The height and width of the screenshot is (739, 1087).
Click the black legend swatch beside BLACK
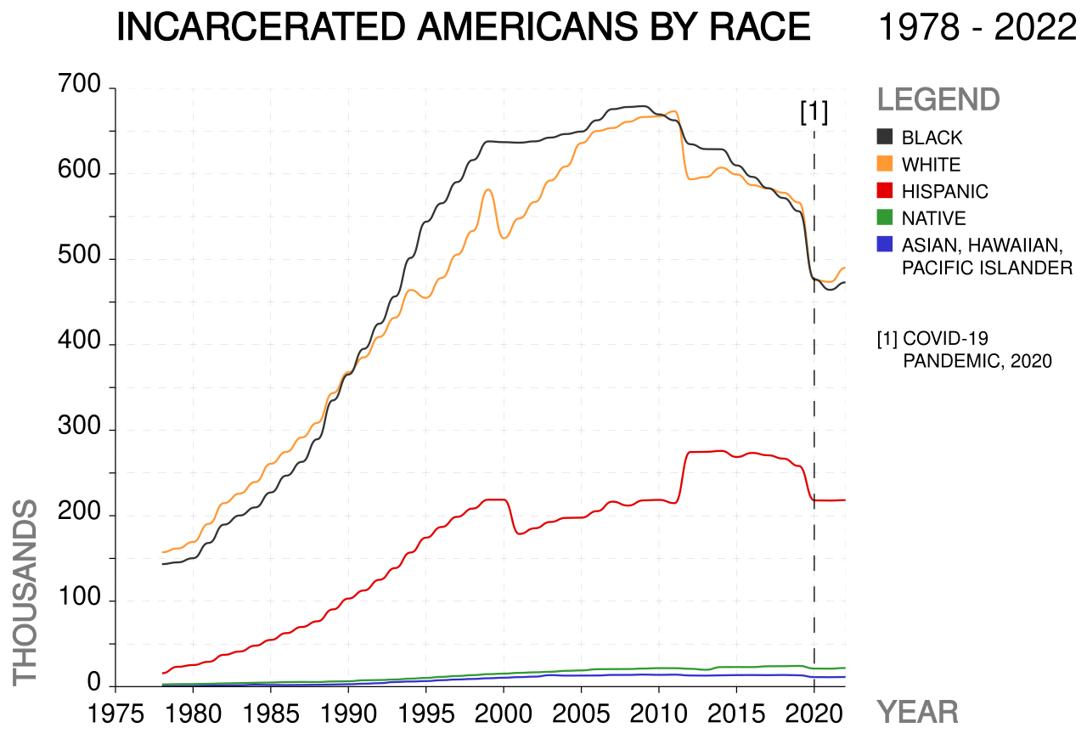pos(885,137)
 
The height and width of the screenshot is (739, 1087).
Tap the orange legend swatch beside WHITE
pos(885,164)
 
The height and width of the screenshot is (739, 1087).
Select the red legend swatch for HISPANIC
pos(885,190)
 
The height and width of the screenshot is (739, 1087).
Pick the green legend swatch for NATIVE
pos(885,217)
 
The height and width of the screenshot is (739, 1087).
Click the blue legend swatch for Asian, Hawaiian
pos(885,244)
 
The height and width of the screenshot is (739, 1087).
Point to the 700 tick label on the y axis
pos(79,84)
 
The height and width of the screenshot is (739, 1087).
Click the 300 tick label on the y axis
pos(79,426)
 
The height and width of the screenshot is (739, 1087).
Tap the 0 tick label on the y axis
pos(93,682)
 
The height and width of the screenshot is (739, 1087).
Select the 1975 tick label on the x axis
pos(115,714)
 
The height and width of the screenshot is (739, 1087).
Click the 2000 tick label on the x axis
pos(504,714)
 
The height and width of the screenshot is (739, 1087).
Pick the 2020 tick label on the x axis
pos(814,714)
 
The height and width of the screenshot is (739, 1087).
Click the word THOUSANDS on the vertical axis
pos(25,593)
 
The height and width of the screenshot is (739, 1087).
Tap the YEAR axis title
pos(918,713)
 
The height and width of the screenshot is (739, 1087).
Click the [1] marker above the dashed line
pos(814,112)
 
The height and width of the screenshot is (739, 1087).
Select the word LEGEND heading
pos(938,99)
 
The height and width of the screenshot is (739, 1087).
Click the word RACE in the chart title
pos(760,26)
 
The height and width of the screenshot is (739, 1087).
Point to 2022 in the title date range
pos(1035,26)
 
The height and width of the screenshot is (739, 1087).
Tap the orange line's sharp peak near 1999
pos(488,189)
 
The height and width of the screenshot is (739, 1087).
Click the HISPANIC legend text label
pos(945,191)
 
